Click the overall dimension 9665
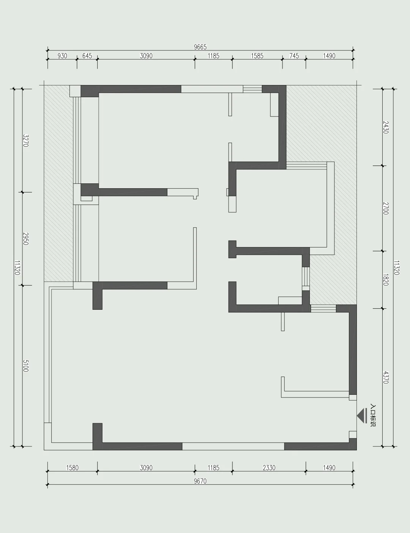(x=200, y=47)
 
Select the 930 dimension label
(x=62, y=56)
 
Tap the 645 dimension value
(x=87, y=56)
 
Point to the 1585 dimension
(x=257, y=56)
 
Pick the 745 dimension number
(x=294, y=56)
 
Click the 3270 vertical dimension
(x=26, y=140)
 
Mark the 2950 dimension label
(x=26, y=239)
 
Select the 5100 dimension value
(x=26, y=366)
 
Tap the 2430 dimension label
(x=386, y=127)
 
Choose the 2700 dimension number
(x=386, y=208)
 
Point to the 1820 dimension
(x=386, y=280)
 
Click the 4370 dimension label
(x=386, y=377)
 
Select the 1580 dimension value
(x=73, y=468)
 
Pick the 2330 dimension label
(x=269, y=468)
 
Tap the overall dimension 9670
(x=200, y=481)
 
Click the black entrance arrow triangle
(x=360, y=416)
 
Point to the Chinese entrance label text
(x=373, y=416)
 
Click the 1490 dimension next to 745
(x=329, y=56)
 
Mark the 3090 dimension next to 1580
(x=146, y=468)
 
